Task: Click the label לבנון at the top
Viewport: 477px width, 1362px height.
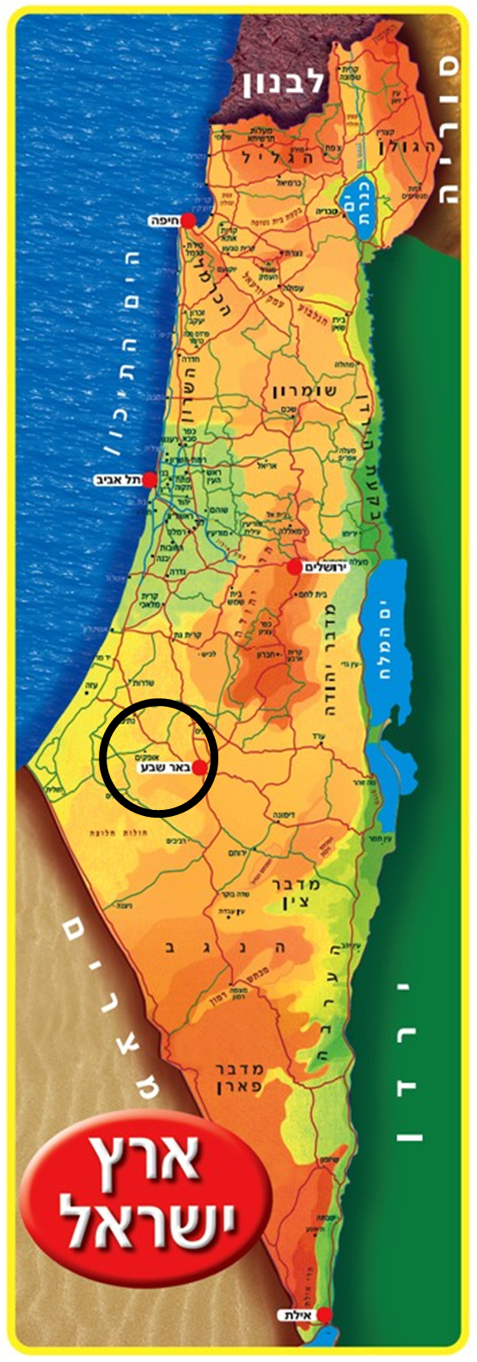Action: coord(284,83)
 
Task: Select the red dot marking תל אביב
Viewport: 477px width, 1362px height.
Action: coord(150,479)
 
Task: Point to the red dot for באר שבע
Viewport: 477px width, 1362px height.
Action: coord(199,768)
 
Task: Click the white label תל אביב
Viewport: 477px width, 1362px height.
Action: coord(119,480)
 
